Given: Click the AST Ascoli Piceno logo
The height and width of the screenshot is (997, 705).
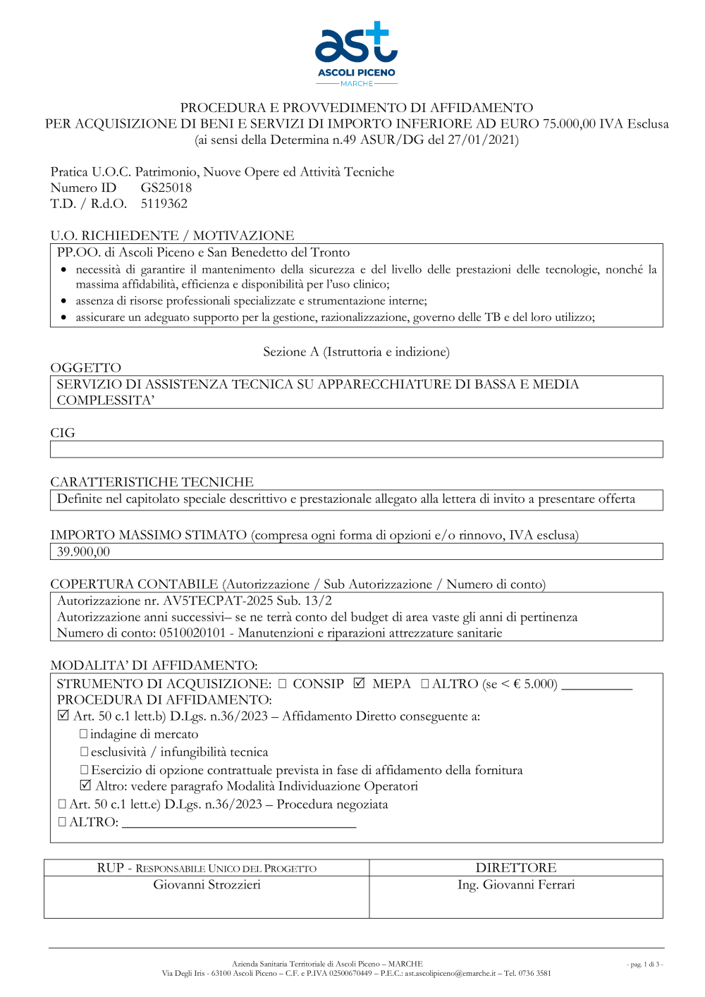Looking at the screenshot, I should coord(356,54).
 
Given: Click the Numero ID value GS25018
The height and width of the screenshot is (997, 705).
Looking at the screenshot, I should coord(166,188).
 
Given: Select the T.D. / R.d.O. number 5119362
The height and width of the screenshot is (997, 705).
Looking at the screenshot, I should coord(164,204).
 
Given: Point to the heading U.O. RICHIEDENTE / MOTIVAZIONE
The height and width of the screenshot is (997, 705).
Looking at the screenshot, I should coord(172,236).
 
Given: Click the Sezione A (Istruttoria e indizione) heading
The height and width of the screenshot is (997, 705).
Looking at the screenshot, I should coord(356,352).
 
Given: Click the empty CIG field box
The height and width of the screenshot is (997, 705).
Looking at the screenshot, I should coord(356,449).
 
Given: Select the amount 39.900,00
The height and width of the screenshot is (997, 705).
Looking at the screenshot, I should coord(83,551).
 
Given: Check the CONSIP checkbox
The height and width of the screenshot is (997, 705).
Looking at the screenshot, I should coord(283,683).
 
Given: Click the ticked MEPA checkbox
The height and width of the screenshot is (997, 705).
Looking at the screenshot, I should coord(360,683).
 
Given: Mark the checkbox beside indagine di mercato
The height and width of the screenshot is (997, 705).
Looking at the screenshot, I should coord(84,734).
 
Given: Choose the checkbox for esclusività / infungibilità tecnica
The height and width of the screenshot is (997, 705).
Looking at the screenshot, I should coord(84,752).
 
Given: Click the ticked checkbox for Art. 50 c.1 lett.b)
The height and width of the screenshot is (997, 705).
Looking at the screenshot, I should coord(63,716).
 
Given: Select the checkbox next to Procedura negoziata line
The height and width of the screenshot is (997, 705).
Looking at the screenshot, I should coord(62,804).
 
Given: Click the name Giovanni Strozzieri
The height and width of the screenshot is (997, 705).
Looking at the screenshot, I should coord(207,884).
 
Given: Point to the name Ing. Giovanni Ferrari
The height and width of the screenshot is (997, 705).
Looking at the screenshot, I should coord(516,884).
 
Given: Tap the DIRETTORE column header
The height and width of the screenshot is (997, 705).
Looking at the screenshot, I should coord(516,867).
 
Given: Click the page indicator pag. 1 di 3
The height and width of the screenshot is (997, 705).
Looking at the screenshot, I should coord(644,964).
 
